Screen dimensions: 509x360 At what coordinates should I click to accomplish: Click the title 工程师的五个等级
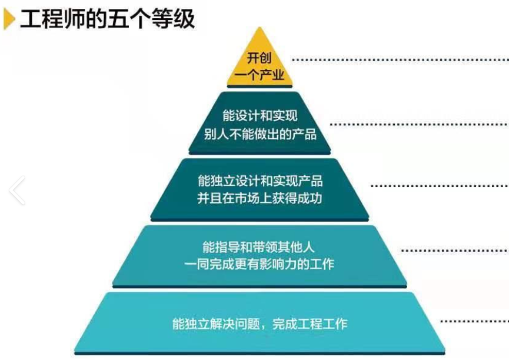click(107, 20)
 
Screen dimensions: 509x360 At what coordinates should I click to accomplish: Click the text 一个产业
click(260, 75)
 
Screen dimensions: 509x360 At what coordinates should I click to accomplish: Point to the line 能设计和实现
click(260, 116)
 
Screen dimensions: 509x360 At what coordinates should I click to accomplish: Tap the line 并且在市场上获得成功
click(260, 198)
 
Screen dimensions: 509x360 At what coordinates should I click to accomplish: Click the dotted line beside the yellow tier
click(400, 59)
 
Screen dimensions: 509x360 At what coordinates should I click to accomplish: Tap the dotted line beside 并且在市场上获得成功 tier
click(439, 185)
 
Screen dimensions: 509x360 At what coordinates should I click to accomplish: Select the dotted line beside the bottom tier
click(474, 321)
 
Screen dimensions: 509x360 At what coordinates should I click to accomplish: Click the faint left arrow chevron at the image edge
click(17, 190)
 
